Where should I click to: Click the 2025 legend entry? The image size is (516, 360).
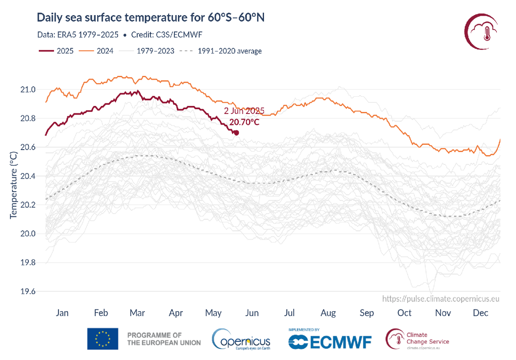pyautogui.click(x=56, y=51)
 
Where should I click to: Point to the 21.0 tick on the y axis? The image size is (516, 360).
pyautogui.click(x=29, y=90)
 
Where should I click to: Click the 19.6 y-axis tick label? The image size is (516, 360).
pyautogui.click(x=29, y=291)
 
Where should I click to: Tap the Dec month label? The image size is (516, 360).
pyautogui.click(x=481, y=313)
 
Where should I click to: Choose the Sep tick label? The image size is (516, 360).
pyautogui.click(x=366, y=313)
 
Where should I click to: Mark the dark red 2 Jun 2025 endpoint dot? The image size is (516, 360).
pyautogui.click(x=236, y=133)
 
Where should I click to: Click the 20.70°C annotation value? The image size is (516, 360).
pyautogui.click(x=244, y=122)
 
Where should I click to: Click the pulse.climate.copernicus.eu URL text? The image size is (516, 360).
pyautogui.click(x=441, y=299)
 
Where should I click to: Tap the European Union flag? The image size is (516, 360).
pyautogui.click(x=103, y=339)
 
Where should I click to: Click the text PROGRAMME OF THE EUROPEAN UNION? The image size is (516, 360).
pyautogui.click(x=164, y=339)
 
